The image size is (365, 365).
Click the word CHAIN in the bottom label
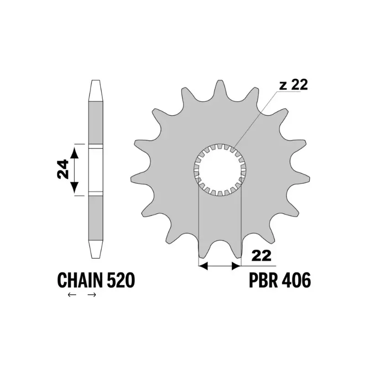pyautogui.click(x=80, y=280)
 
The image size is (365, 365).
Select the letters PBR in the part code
pyautogui.click(x=264, y=280)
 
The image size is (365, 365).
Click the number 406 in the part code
pyautogui.click(x=296, y=280)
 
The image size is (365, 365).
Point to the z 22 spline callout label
pyautogui.click(x=293, y=84)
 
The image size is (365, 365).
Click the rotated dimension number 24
pyautogui.click(x=63, y=169)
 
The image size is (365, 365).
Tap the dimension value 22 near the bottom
pyautogui.click(x=261, y=256)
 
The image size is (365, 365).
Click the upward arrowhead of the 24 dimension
pyautogui.click(x=74, y=153)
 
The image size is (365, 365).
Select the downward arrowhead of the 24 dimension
pyautogui.click(x=74, y=187)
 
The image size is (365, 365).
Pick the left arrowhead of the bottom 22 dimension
pyautogui.click(x=203, y=266)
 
